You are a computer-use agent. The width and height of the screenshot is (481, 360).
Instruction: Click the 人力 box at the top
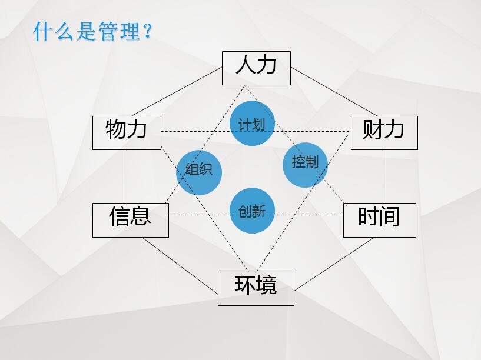(x=256, y=68)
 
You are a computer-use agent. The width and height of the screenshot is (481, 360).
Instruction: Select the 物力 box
(x=127, y=133)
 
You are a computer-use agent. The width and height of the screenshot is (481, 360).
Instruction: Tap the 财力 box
(x=384, y=133)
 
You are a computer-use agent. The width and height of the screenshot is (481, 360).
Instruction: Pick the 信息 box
(x=130, y=220)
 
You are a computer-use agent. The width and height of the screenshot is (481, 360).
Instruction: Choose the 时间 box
(x=380, y=220)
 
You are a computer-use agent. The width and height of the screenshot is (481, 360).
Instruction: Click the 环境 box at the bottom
(x=256, y=289)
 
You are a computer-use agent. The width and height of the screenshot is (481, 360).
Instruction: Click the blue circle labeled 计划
(x=252, y=123)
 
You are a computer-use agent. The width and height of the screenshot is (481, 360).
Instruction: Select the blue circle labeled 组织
(x=199, y=172)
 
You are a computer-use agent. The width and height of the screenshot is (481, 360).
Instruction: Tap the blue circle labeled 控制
(x=305, y=165)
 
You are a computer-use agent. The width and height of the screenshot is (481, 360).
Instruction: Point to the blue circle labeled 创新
(x=252, y=211)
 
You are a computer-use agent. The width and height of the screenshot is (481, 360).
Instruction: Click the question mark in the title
(x=147, y=31)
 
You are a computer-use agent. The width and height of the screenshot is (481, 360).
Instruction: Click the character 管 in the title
(x=108, y=31)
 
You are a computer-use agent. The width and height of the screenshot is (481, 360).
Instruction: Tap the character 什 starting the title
(x=43, y=31)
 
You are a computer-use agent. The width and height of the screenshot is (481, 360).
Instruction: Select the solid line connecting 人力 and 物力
(x=177, y=92)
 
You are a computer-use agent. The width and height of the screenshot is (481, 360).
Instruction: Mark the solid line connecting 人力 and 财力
(x=334, y=92)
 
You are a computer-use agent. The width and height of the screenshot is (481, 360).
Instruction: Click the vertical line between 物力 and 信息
(x=127, y=176)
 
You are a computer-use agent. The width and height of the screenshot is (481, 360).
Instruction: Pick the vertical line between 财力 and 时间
(x=382, y=176)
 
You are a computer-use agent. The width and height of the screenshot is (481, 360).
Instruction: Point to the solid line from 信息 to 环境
(x=180, y=266)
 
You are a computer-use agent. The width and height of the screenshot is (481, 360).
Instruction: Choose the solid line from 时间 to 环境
(x=334, y=264)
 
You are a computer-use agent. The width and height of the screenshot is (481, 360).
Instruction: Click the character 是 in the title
(x=86, y=31)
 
